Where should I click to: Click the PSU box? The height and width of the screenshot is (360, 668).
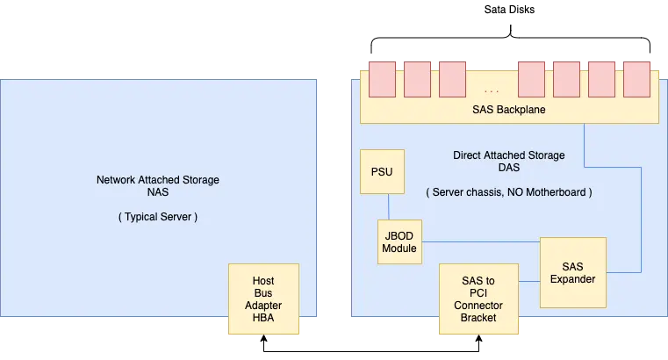click(383, 171)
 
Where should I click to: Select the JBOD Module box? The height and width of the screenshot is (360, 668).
click(399, 241)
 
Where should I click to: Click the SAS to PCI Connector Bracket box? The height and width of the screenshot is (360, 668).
click(478, 299)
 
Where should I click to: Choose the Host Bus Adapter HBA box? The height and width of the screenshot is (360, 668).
click(263, 299)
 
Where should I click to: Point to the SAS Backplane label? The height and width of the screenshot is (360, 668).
click(509, 109)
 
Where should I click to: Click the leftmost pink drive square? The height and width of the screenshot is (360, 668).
click(382, 79)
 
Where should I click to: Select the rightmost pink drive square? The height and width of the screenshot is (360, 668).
click(636, 79)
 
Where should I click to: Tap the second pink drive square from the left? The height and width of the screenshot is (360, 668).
click(417, 79)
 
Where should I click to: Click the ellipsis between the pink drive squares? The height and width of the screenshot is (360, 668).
click(492, 90)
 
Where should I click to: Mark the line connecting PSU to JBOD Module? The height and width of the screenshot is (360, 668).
click(388, 206)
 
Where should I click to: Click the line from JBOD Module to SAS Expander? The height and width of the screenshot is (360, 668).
click(478, 241)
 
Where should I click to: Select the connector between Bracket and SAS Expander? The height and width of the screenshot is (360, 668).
click(528, 282)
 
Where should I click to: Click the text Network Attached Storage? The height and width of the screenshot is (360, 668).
click(158, 180)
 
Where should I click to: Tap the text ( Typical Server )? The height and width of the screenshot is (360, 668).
click(158, 217)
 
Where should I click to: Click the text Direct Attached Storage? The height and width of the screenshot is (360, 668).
click(508, 155)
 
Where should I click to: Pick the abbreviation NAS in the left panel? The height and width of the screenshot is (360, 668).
click(158, 192)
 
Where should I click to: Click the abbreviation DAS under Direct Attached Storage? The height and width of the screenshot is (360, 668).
click(508, 168)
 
